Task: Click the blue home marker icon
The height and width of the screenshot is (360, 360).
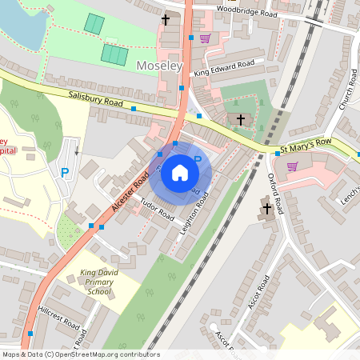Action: pos(180,172)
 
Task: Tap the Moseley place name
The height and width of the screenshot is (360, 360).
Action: pos(160,65)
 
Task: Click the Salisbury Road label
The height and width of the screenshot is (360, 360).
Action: pos(95,99)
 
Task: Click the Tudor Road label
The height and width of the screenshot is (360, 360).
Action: pos(158,210)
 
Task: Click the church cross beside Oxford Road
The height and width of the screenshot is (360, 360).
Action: pos(267,210)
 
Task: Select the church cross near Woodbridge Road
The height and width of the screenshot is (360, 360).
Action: pos(166,18)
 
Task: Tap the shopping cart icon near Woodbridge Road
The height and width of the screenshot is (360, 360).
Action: pos(206,38)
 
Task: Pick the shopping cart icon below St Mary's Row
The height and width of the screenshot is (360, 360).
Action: pos(292,166)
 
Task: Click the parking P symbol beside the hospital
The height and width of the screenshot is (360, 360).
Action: pos(65,171)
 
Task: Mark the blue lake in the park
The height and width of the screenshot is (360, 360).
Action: pos(20,24)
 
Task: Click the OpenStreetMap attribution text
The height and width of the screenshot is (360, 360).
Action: pos(80,354)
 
